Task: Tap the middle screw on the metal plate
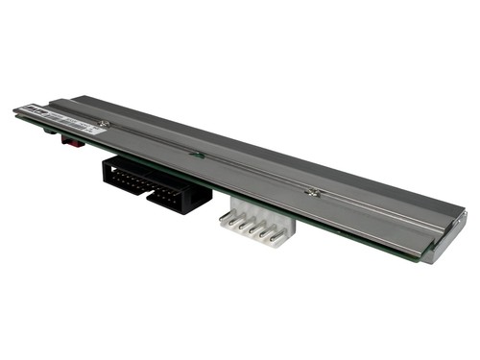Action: tap(196, 153)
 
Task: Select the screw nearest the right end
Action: tap(310, 192)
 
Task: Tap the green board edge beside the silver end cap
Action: tap(407, 254)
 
